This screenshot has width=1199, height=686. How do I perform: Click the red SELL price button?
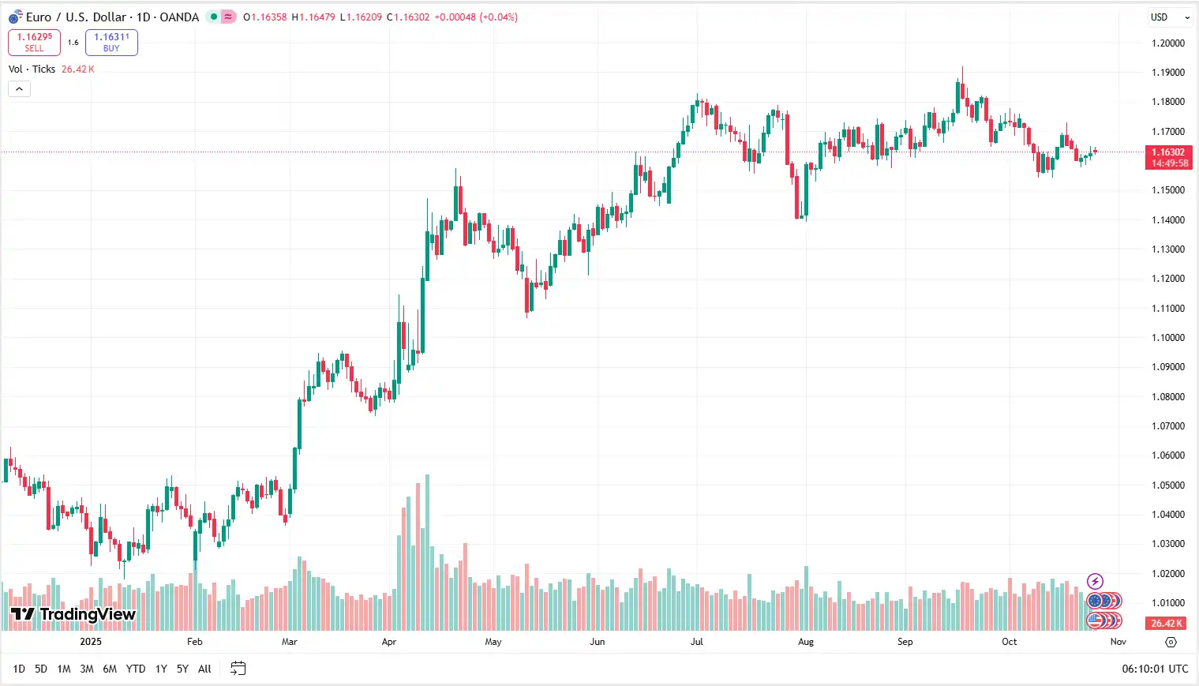click(x=34, y=43)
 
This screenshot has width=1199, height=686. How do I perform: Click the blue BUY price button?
click(x=111, y=43)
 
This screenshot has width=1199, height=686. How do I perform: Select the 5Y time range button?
click(x=182, y=669)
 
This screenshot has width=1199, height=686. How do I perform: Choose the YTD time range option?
click(x=136, y=669)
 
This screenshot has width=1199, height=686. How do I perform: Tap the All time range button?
click(x=204, y=669)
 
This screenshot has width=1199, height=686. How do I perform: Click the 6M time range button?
click(x=110, y=669)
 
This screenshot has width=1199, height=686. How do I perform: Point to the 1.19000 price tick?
click(x=1167, y=73)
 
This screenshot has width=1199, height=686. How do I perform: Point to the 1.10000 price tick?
click(x=1167, y=338)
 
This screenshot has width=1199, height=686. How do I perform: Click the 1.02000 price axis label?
click(x=1167, y=574)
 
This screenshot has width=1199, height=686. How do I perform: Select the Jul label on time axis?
click(x=696, y=642)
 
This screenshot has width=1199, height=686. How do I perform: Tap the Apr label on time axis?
click(x=388, y=642)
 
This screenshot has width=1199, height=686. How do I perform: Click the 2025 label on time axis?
click(x=91, y=642)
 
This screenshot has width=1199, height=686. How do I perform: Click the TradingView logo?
click(x=73, y=614)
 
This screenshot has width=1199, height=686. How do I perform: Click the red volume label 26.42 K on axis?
click(x=1167, y=624)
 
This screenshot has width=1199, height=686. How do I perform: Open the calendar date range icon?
click(x=238, y=669)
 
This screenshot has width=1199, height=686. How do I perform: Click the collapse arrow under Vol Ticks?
click(x=19, y=89)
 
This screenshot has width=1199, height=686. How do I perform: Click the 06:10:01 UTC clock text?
click(x=1154, y=669)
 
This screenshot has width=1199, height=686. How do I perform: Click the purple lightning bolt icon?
click(x=1095, y=582)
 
